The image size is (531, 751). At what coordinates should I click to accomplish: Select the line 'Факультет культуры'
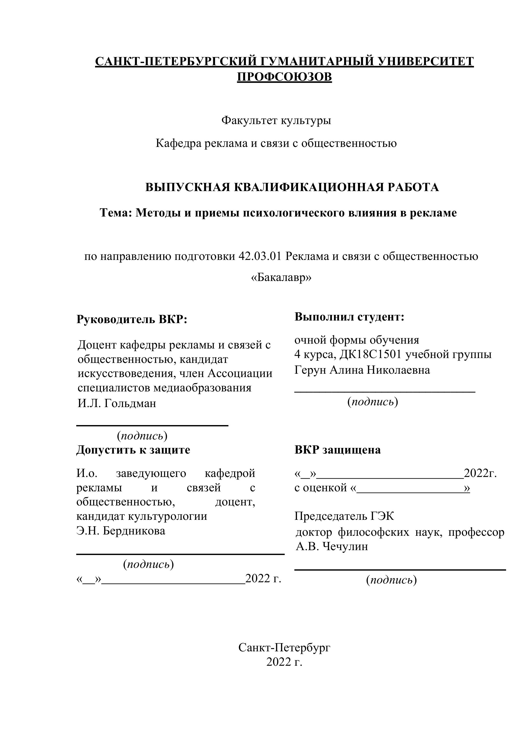[x=276, y=120]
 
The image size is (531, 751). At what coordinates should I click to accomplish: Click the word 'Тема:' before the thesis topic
[x=116, y=213]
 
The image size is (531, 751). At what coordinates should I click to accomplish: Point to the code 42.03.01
[x=260, y=256]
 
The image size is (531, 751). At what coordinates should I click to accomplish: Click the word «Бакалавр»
[x=281, y=277]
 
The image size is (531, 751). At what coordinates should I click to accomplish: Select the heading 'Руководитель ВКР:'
[x=132, y=319]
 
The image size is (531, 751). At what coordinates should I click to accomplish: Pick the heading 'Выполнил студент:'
[x=349, y=317]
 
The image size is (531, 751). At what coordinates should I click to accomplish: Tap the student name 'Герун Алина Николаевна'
[x=362, y=370]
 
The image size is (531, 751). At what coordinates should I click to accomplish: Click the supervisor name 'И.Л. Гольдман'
[x=117, y=403]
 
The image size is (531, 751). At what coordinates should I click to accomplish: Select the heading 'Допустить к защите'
[x=133, y=450]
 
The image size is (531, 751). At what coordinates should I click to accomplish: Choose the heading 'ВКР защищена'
[x=337, y=450]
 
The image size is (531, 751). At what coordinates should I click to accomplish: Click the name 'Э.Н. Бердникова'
[x=121, y=531]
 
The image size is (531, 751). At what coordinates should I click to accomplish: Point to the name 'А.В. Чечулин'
[x=332, y=546]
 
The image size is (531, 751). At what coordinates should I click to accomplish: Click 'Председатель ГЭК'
[x=344, y=516]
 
